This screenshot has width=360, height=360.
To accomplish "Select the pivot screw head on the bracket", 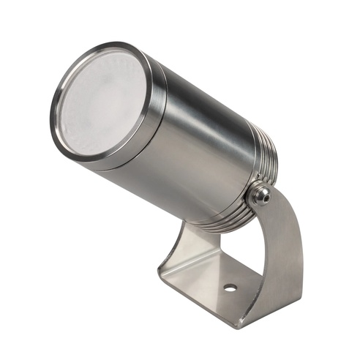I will pyautogui.click(x=259, y=195).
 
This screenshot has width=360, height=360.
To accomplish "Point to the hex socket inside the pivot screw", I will pyautogui.click(x=261, y=195).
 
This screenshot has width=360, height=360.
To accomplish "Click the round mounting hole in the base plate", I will pyautogui.click(x=230, y=288).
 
